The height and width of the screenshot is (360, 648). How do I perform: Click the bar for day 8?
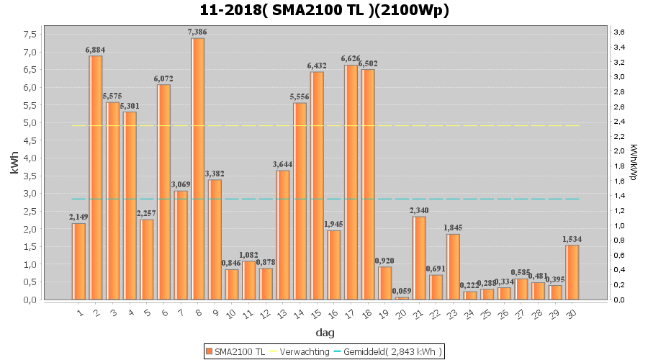pos(198,168)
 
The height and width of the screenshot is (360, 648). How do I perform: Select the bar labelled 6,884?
pos(96,177)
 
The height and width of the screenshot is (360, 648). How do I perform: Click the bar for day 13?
pos(283,235)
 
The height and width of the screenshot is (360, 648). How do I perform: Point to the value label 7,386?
pos(198,32)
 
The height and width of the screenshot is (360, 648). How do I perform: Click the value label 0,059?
pos(402,291)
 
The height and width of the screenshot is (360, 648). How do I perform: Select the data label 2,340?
pos(419,210)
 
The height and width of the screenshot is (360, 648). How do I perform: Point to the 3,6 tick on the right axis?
pos(618,32)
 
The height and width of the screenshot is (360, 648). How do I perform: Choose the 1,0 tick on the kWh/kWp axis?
pos(618,225)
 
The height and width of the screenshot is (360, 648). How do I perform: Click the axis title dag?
pos(324,333)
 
